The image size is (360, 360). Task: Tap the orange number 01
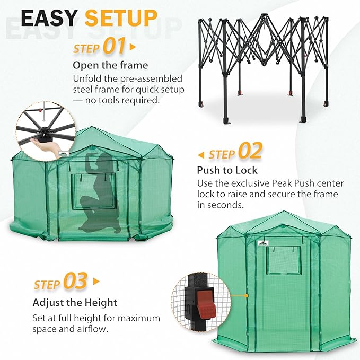pos(115,47)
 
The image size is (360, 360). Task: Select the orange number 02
pos(250,152)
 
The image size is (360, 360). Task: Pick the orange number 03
pos(75,282)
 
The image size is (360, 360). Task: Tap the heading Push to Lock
pos(227,170)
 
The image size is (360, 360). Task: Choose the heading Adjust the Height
pos(75,303)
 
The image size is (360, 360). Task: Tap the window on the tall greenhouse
pos(282,260)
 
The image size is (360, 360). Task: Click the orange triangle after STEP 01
pos(133,47)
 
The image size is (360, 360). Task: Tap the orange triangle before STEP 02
pos(200,155)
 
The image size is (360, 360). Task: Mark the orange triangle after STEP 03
pos(96,282)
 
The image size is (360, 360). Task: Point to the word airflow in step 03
pos(92,329)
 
